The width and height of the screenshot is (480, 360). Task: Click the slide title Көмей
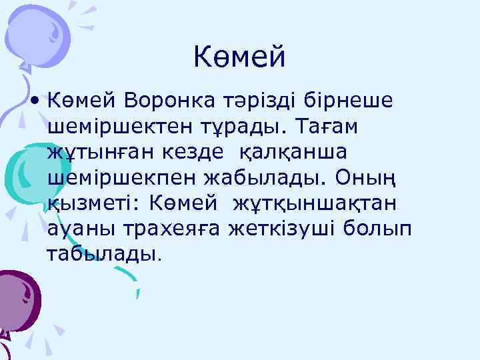point(239,57)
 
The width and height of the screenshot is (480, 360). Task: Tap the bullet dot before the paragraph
point(33,101)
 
